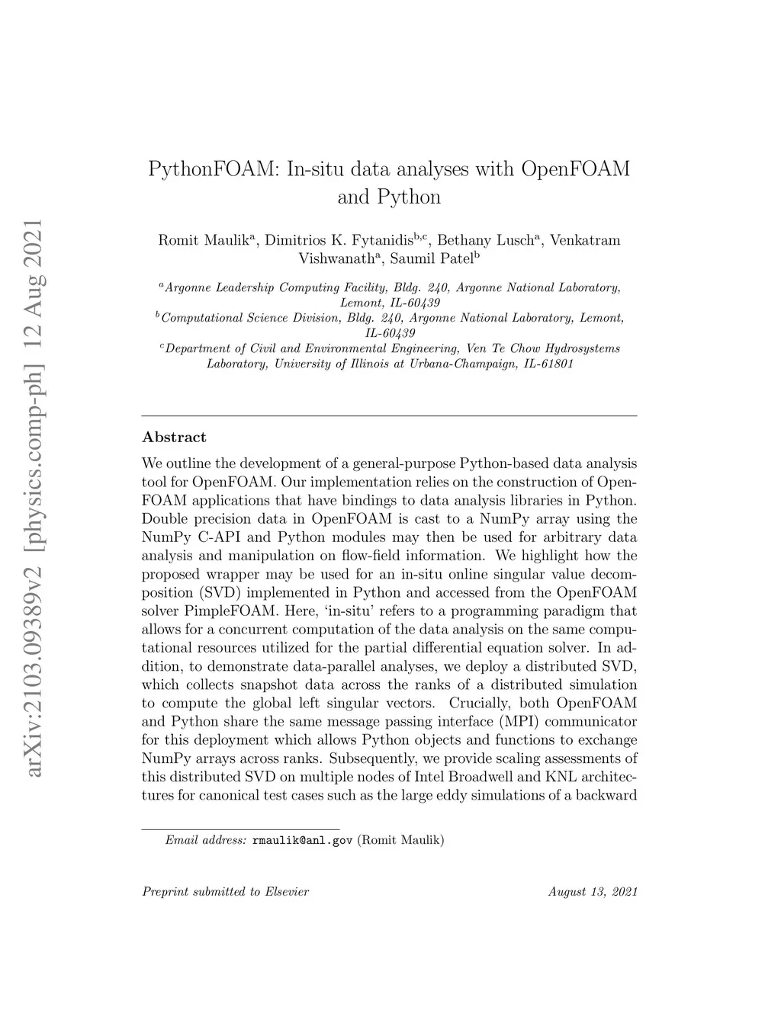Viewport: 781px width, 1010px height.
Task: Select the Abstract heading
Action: point(174,437)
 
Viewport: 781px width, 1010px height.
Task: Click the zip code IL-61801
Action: point(547,364)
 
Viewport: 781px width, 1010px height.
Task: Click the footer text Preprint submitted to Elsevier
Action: point(226,891)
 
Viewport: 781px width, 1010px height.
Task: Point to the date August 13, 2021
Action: point(592,891)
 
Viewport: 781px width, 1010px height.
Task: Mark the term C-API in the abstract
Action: point(206,537)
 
